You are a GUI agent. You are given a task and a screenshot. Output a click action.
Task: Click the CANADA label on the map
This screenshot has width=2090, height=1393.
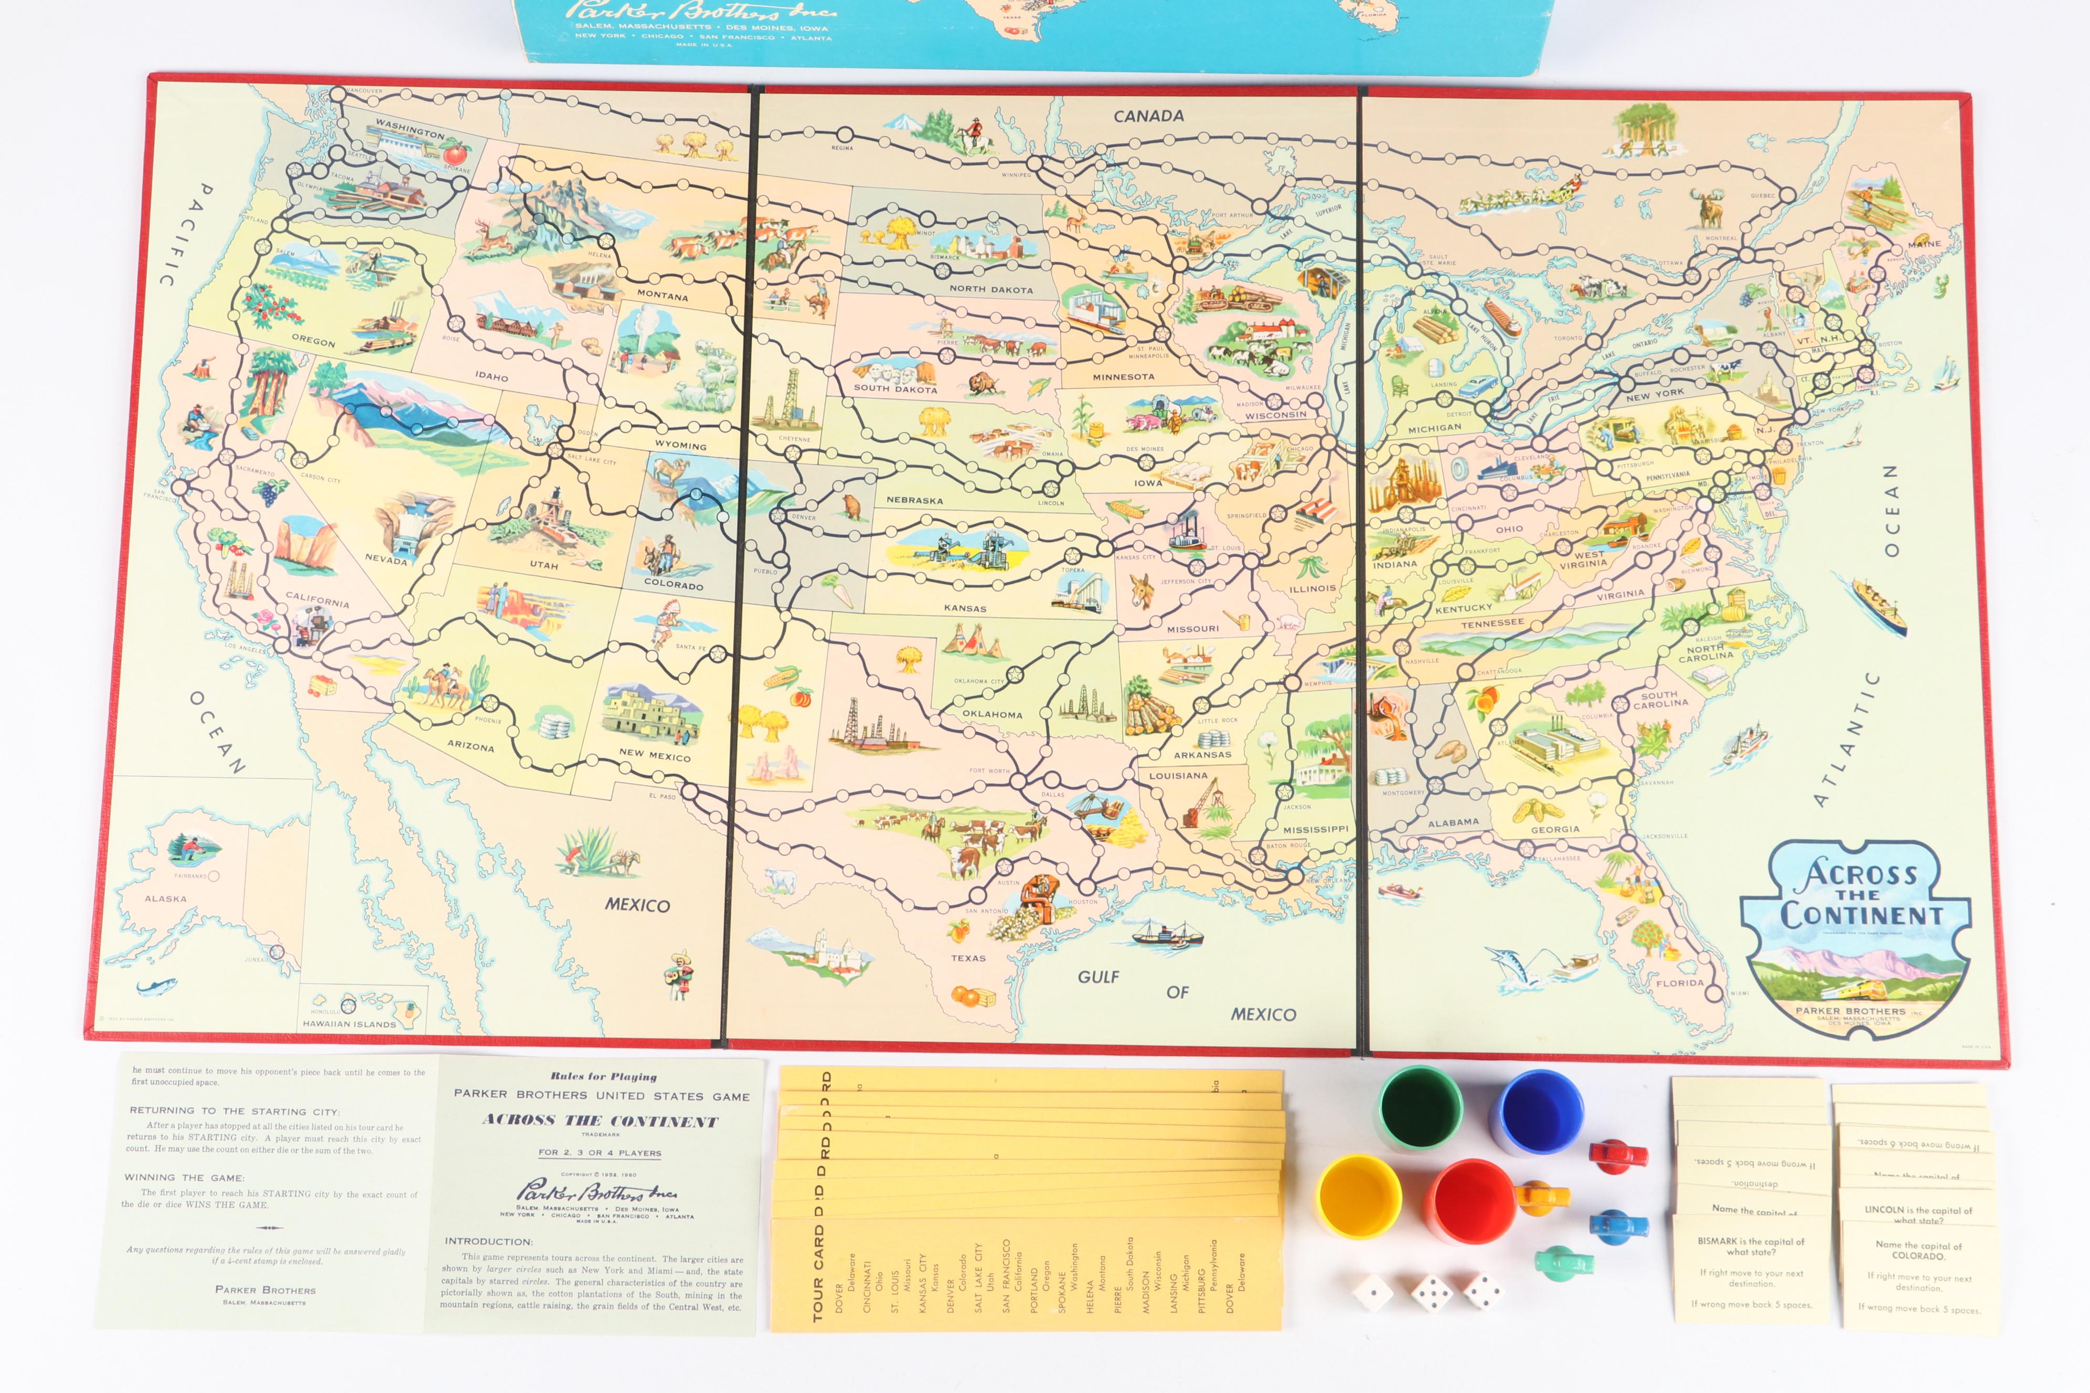(1148, 115)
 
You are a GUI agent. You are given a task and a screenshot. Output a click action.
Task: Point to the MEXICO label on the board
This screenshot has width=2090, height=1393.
(637, 905)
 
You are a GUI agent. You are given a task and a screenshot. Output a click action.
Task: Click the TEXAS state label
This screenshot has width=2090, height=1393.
(968, 958)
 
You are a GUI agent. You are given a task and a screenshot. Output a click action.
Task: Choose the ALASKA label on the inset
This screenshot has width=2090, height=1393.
(166, 898)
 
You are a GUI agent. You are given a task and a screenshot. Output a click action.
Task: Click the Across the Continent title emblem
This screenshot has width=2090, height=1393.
(1854, 933)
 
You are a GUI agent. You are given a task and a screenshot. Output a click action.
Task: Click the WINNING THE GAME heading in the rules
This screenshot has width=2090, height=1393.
(184, 1177)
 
